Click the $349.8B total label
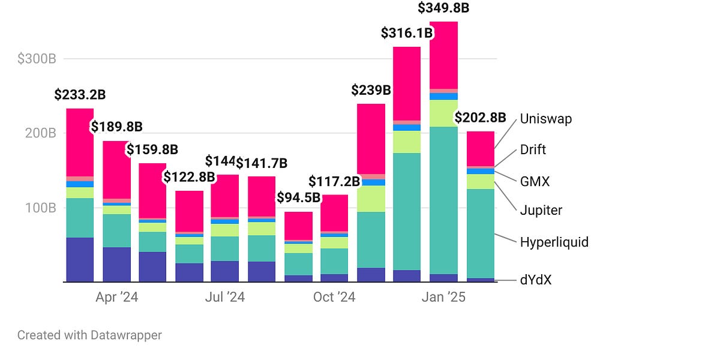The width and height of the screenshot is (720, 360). [444, 9]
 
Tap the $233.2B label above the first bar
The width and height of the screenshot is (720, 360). [80, 95]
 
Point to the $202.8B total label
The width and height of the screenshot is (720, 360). [480, 118]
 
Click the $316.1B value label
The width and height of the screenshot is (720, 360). [407, 33]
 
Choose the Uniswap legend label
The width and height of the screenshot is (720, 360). [545, 119]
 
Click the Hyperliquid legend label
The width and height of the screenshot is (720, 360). [554, 242]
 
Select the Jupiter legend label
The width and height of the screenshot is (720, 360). [541, 211]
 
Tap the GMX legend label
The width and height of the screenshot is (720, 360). [535, 181]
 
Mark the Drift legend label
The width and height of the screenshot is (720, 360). [533, 150]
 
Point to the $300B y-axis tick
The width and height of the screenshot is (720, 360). [37, 59]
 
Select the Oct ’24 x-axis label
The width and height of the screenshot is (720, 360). [335, 298]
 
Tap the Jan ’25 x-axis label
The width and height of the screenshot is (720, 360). [443, 298]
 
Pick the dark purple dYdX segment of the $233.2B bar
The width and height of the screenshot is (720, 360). [80, 259]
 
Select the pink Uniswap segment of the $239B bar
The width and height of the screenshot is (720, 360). [371, 139]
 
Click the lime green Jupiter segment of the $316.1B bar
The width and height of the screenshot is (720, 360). [407, 142]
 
